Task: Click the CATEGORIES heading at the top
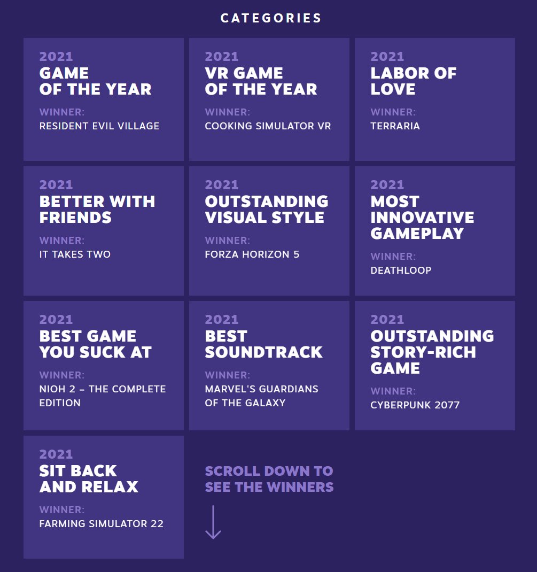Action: tap(270, 18)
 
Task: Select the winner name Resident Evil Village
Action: tap(99, 126)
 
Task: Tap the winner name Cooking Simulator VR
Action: tap(268, 126)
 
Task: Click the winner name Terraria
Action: tap(395, 126)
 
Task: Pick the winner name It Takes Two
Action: tap(75, 254)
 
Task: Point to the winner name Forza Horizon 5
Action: tap(252, 254)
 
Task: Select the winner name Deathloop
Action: tap(401, 270)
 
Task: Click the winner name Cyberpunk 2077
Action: tap(415, 405)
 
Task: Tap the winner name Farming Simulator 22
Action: tap(102, 523)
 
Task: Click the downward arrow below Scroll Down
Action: tap(213, 522)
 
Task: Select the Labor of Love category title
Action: tap(414, 81)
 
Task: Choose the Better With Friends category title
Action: tap(97, 210)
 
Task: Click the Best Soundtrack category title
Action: tap(263, 344)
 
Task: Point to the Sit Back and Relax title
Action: tap(89, 478)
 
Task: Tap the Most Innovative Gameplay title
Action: tap(422, 218)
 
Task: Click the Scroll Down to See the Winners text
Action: tap(269, 479)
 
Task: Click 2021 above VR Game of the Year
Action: tap(222, 57)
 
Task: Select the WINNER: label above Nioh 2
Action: tap(62, 375)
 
